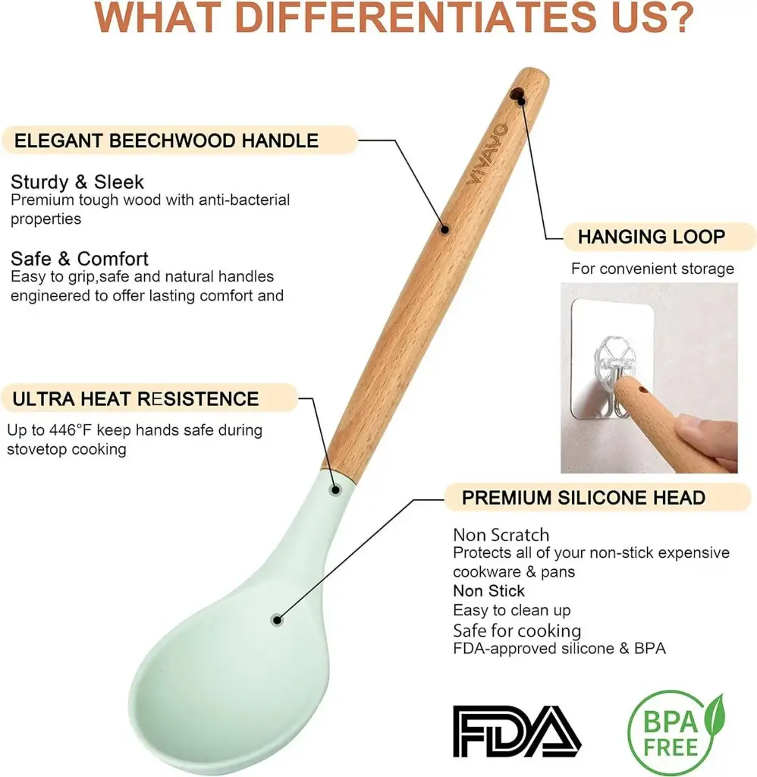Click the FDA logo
[517, 731]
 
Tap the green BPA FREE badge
[676, 733]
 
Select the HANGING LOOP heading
[651, 237]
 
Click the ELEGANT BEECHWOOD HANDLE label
[166, 140]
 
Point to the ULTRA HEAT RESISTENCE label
[135, 399]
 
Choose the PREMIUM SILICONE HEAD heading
[583, 498]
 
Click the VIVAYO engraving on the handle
[488, 154]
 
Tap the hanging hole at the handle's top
[517, 93]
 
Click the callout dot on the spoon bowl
[278, 620]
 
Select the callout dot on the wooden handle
[445, 229]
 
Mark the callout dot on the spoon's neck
[335, 490]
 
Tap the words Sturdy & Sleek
[77, 182]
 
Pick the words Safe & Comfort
[80, 259]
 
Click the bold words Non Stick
[488, 590]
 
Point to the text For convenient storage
[652, 269]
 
